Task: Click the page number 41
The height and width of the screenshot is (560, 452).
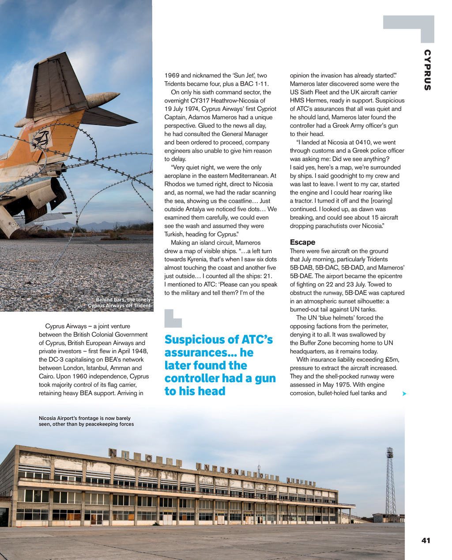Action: (426, 540)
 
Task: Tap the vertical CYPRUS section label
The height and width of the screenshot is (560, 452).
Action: (427, 70)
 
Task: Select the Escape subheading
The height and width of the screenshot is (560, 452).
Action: (302, 242)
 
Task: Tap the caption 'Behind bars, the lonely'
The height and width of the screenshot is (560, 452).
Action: (123, 300)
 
